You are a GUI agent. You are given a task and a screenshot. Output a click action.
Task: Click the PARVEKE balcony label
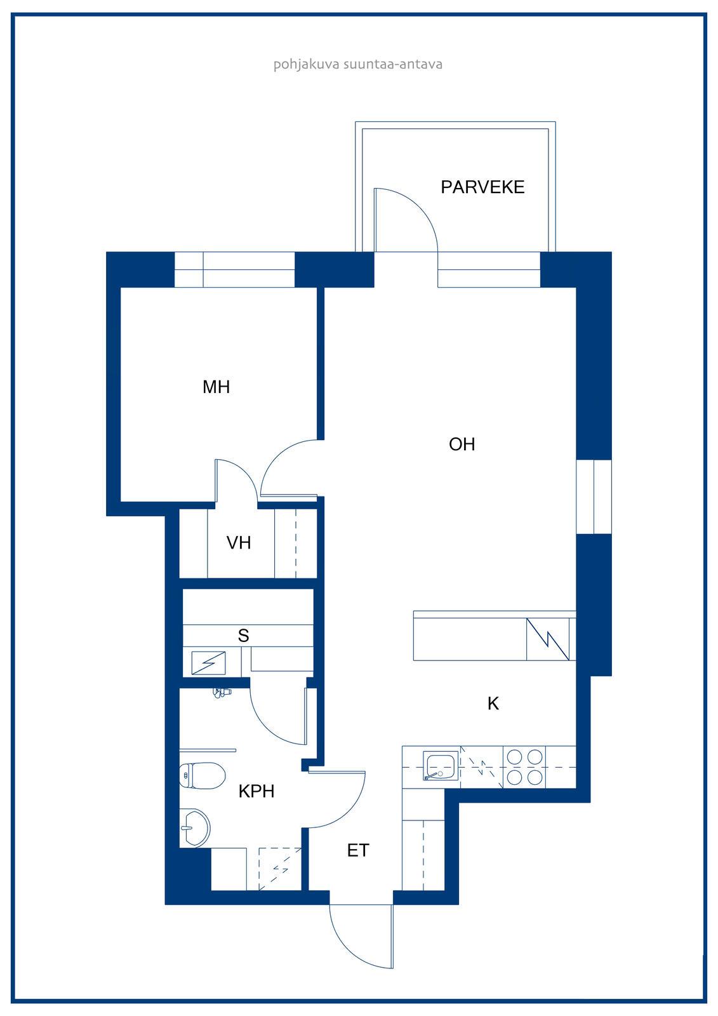[x=482, y=187]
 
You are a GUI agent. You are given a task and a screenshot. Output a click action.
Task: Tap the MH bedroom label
[x=216, y=387]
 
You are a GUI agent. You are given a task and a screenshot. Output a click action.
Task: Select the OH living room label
[x=462, y=444]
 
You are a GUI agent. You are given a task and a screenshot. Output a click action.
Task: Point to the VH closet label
[x=239, y=542]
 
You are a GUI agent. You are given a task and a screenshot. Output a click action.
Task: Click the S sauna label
[x=244, y=636]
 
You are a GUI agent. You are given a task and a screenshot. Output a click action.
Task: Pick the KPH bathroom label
[x=256, y=791]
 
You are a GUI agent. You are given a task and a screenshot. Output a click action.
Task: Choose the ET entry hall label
[x=358, y=850]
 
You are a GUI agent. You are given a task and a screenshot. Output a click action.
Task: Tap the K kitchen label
[x=493, y=704]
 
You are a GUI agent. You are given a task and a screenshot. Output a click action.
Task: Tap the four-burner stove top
[x=524, y=767]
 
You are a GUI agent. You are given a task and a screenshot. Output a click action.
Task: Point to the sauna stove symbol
[x=209, y=663]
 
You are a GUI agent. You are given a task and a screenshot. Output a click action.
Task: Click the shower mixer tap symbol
[x=222, y=692]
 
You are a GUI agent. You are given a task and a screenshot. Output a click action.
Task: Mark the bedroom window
[x=234, y=269]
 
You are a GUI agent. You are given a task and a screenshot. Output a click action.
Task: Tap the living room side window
[x=594, y=497]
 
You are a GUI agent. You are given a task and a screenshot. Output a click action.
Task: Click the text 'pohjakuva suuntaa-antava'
[x=358, y=64]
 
